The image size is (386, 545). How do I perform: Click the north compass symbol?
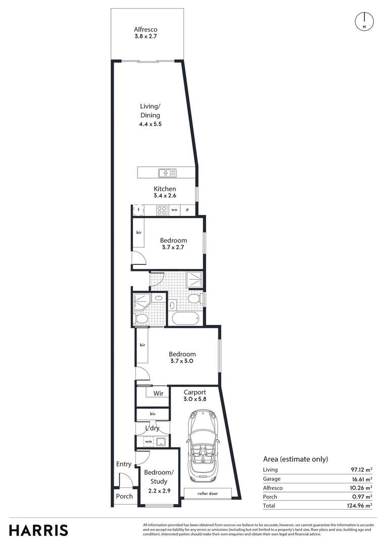pyautogui.click(x=364, y=21)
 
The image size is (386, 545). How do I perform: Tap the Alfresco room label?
pyautogui.click(x=146, y=29)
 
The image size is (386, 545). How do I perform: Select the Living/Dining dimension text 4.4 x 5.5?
pyautogui.click(x=150, y=124)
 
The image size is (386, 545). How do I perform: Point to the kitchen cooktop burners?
pyautogui.click(x=162, y=209)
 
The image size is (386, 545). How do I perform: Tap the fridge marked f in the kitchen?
pyautogui.click(x=138, y=209)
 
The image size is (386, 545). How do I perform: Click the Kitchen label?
pyautogui.click(x=165, y=189)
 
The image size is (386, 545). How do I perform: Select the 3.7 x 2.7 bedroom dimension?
pyautogui.click(x=173, y=248)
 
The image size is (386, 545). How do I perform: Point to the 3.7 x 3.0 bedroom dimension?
pyautogui.click(x=182, y=361)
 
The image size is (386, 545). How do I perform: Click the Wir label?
pyautogui.click(x=158, y=393)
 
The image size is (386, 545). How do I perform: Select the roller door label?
pyautogui.click(x=208, y=493)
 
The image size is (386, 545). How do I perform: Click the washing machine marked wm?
pyautogui.click(x=148, y=442)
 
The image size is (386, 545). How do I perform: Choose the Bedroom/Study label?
pyautogui.click(x=159, y=476)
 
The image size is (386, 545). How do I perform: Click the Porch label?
pyautogui.click(x=124, y=496)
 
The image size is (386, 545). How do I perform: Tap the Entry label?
pyautogui.click(x=124, y=464)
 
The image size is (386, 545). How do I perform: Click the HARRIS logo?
pyautogui.click(x=38, y=530)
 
